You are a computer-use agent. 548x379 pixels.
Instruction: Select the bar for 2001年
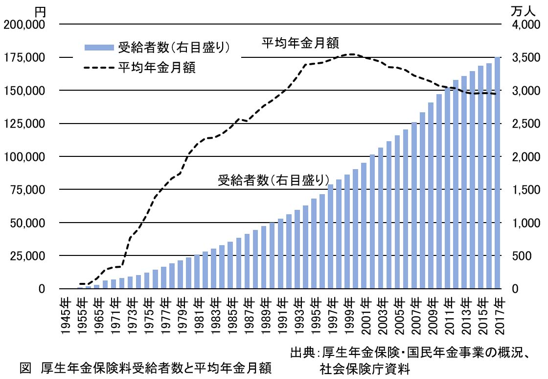pos(364,226)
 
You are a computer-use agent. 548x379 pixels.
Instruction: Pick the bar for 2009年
pos(431,196)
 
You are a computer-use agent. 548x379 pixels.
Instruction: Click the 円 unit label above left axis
pos(40,10)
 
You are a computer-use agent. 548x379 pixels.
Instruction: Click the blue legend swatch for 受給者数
pos(99,48)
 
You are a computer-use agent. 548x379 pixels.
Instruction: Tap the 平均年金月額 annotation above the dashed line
pos(300,43)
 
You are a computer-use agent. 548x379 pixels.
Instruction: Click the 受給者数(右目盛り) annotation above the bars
pos(274,180)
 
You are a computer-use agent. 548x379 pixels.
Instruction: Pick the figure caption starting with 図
pos(145,367)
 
